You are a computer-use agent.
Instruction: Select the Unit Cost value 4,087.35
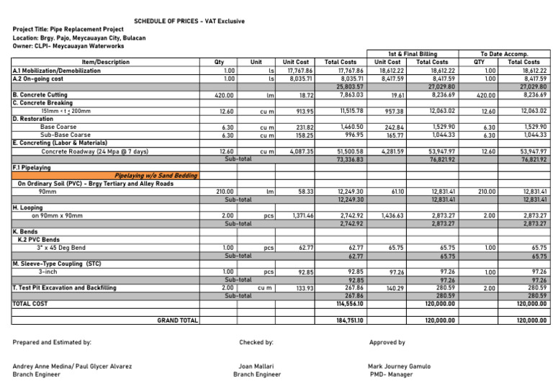[297, 153]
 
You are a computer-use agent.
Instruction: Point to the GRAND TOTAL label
[177, 319]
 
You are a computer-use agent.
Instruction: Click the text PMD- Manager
[392, 374]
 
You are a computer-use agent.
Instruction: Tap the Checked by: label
[256, 342]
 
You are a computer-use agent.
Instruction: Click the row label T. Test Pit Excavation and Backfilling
[64, 287]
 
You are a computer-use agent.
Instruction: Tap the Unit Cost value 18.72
[302, 94]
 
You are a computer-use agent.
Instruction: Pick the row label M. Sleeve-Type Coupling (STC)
[56, 264]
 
